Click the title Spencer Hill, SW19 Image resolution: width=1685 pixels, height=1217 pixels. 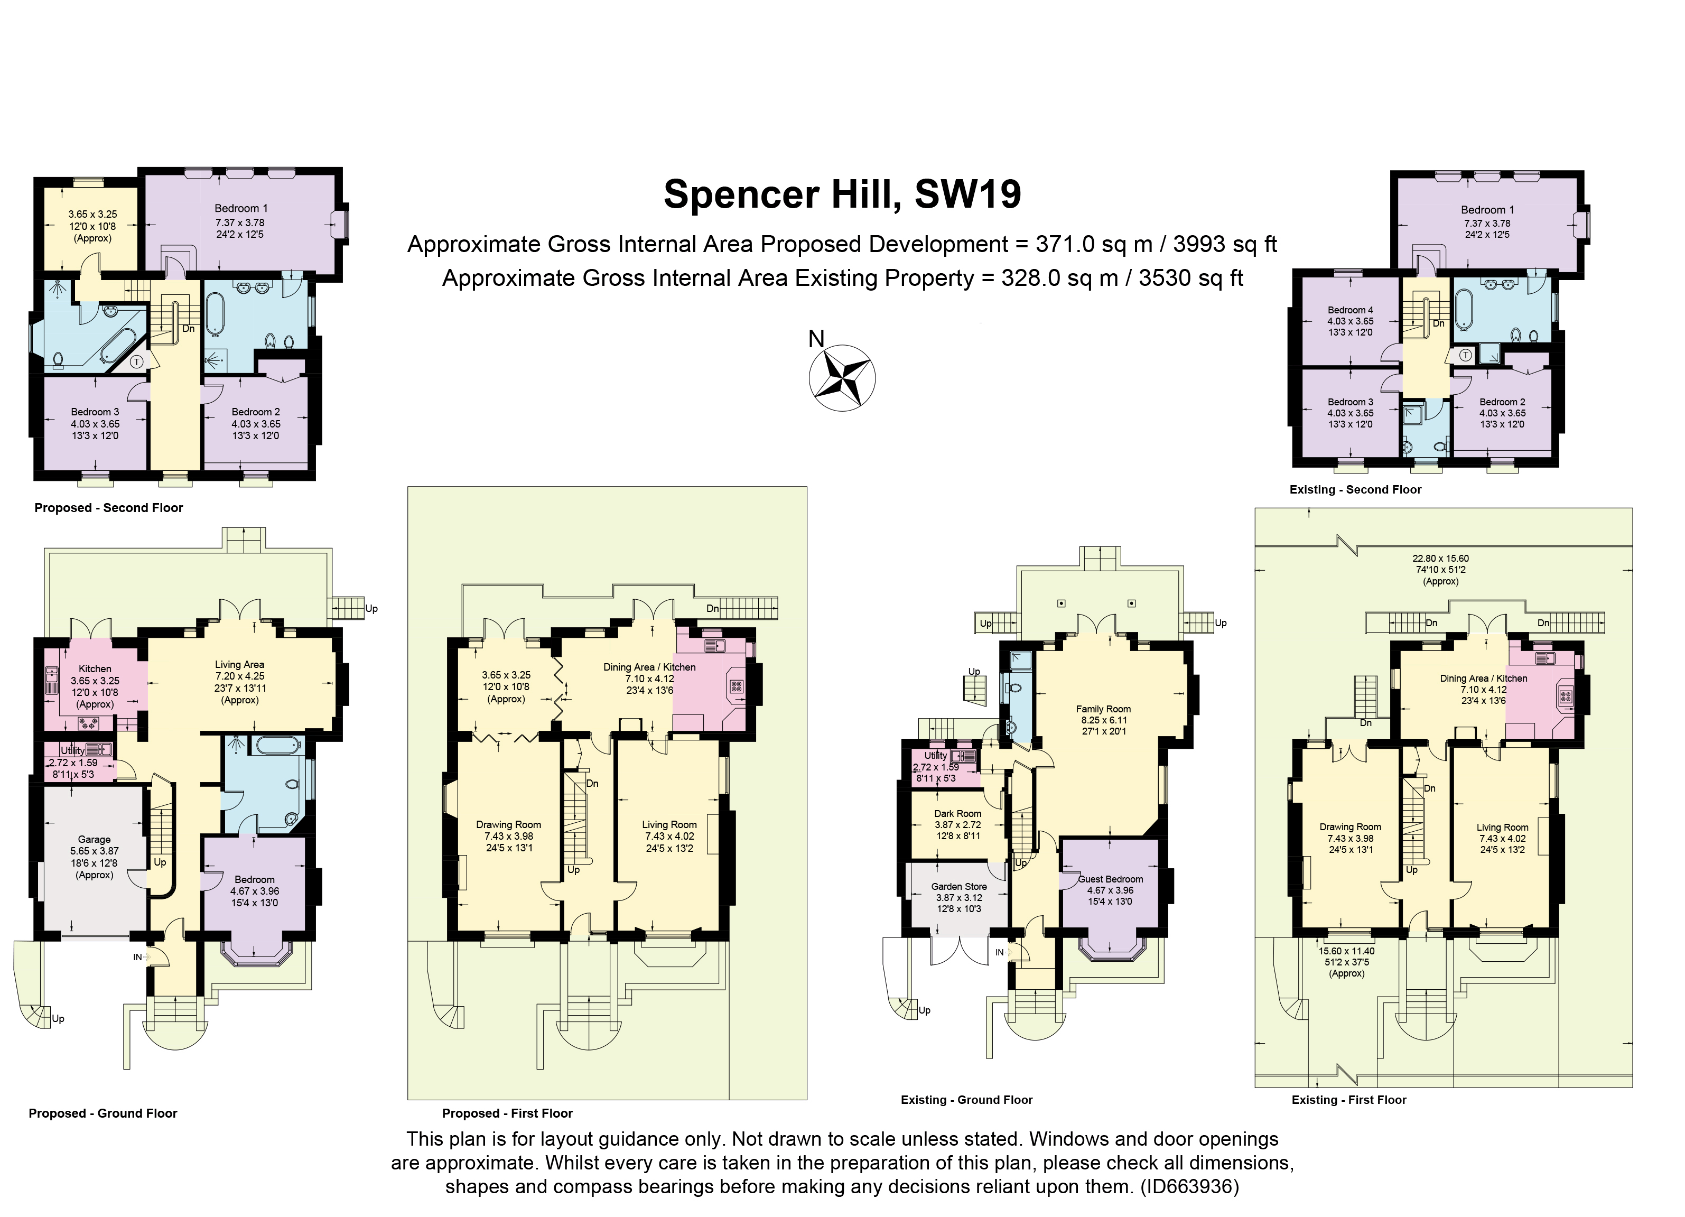pyautogui.click(x=842, y=194)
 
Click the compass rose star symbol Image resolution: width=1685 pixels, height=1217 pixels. pyautogui.click(x=841, y=377)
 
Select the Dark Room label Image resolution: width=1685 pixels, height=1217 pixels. pyautogui.click(x=957, y=814)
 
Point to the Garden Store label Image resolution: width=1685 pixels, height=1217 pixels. pyautogui.click(x=958, y=886)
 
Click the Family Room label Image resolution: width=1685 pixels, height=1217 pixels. pyautogui.click(x=1103, y=709)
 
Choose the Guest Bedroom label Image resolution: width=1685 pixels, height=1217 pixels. pyautogui.click(x=1111, y=879)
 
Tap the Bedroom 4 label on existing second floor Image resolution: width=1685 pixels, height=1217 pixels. pyautogui.click(x=1350, y=310)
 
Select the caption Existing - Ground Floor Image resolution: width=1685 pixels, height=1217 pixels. pyautogui.click(x=966, y=1100)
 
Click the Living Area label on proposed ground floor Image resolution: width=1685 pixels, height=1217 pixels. pyautogui.click(x=239, y=664)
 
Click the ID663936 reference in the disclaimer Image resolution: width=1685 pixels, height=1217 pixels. pyautogui.click(x=1189, y=1186)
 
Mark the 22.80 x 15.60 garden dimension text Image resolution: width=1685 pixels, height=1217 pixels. pyautogui.click(x=1440, y=559)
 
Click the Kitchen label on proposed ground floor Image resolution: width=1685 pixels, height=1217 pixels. pyautogui.click(x=95, y=668)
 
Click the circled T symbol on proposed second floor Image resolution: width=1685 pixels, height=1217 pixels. pyautogui.click(x=137, y=362)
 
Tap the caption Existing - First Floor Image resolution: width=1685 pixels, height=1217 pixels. pyautogui.click(x=1348, y=1100)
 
